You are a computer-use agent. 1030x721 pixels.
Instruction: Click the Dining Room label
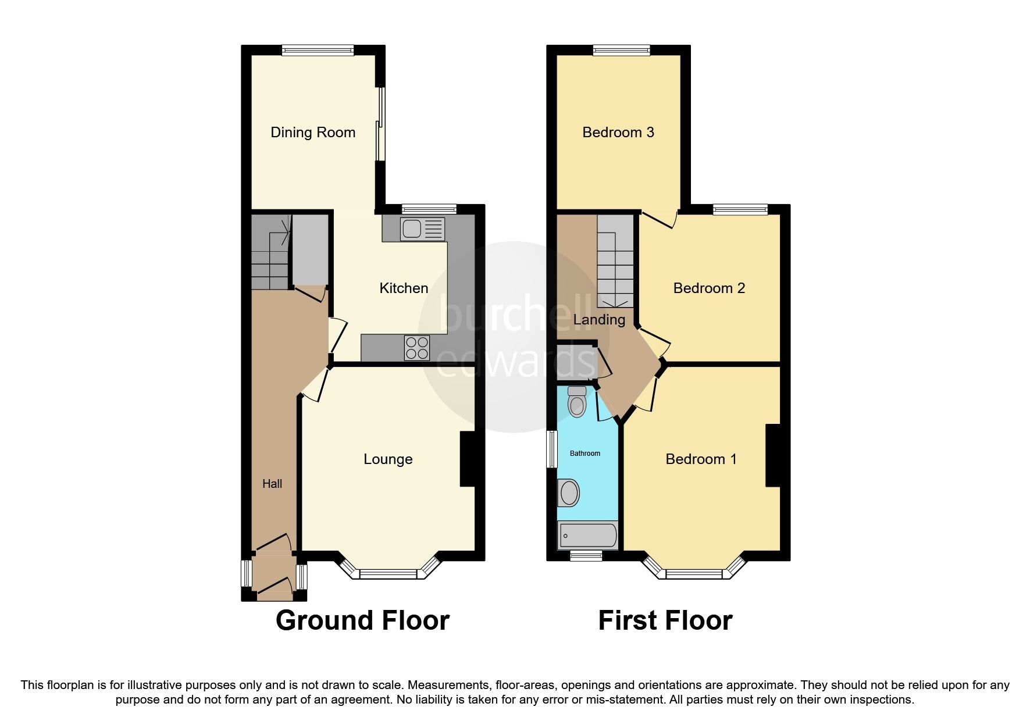pyautogui.click(x=313, y=133)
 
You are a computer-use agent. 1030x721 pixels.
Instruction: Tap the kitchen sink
pyautogui.click(x=422, y=229)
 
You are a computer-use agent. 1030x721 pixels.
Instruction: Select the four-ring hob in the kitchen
pyautogui.click(x=417, y=348)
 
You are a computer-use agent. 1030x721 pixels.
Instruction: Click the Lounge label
pyautogui.click(x=388, y=459)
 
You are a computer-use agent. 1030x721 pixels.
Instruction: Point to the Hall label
pyautogui.click(x=272, y=484)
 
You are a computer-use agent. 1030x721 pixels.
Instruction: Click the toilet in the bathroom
pyautogui.click(x=577, y=402)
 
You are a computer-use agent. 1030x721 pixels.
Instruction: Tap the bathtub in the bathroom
pyautogui.click(x=587, y=536)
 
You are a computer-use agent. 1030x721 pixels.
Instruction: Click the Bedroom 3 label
pyautogui.click(x=618, y=133)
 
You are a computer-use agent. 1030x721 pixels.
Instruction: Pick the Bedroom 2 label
pyautogui.click(x=709, y=288)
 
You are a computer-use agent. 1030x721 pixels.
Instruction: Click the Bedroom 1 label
pyautogui.click(x=701, y=459)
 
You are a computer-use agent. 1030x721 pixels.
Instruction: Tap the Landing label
pyautogui.click(x=599, y=320)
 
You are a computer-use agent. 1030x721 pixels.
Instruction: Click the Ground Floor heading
pyautogui.click(x=362, y=620)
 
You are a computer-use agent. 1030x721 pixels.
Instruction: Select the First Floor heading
pyautogui.click(x=665, y=620)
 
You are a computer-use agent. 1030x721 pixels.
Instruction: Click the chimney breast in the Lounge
pyautogui.click(x=468, y=458)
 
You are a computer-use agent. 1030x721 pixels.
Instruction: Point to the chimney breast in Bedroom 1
pyautogui.click(x=772, y=455)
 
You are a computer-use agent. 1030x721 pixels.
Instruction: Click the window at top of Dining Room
pyautogui.click(x=318, y=51)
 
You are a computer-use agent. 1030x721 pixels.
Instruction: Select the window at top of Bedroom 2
pyautogui.click(x=740, y=210)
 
